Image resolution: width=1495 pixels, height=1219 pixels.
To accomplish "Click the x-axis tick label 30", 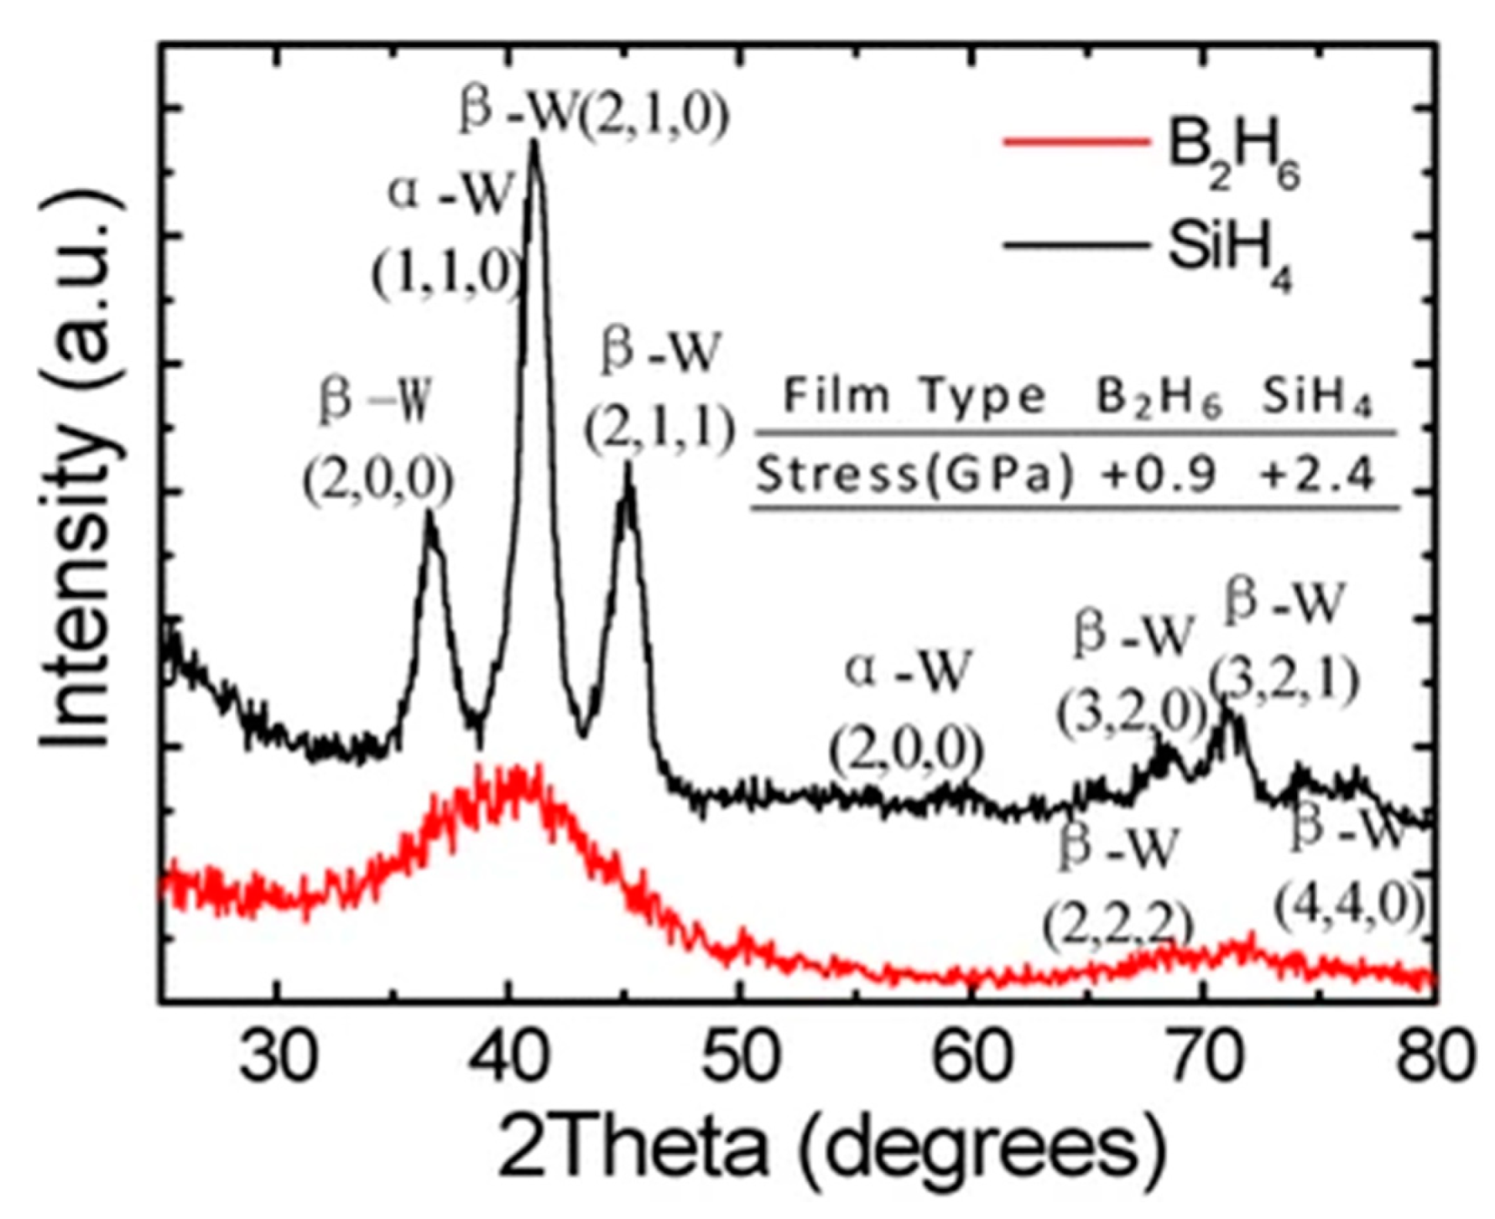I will pos(278,1057).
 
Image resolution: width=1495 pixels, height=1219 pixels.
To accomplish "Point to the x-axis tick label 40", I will pos(505,1057).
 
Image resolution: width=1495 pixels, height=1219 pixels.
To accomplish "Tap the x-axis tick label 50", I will pos(738,1057).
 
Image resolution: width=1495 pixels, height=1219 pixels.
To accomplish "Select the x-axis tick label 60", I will pos(970,1057).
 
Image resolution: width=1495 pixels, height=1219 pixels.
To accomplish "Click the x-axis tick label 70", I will pos(1202,1057).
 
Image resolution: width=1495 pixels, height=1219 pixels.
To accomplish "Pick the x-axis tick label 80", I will pos(1433,1057).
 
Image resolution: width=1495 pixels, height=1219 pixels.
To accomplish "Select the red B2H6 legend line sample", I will pos(1076,142).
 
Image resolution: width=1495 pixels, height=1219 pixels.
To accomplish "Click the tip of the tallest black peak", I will pos(534,143).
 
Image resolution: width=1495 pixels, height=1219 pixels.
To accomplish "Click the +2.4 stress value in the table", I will pos(1317,476).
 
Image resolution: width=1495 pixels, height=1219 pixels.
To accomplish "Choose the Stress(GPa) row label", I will pos(915,476).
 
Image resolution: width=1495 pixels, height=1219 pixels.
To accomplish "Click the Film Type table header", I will pos(915,395).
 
